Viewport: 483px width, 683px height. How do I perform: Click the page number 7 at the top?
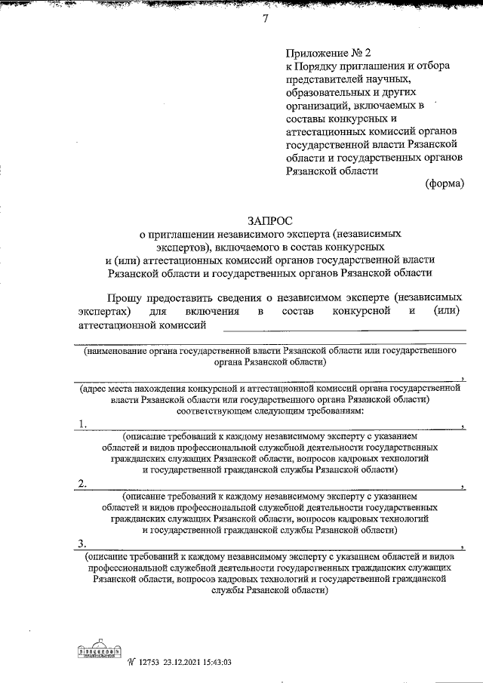pyautogui.click(x=265, y=21)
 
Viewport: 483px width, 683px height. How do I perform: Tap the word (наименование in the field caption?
pyautogui.click(x=118, y=351)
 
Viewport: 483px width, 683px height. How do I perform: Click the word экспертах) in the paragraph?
pyautogui.click(x=104, y=311)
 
